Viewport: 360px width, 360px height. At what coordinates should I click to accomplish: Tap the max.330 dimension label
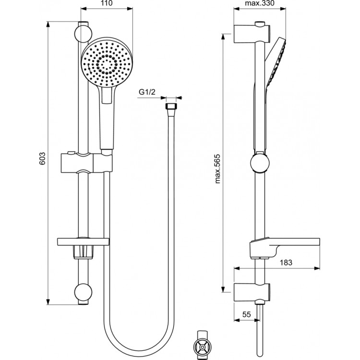click(x=260, y=4)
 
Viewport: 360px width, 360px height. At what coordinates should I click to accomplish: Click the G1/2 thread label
click(x=146, y=92)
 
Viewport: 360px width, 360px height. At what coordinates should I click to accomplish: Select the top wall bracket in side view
click(x=252, y=34)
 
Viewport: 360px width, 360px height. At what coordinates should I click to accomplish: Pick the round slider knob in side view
click(x=260, y=163)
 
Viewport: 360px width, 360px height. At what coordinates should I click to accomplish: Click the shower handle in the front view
click(x=107, y=120)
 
